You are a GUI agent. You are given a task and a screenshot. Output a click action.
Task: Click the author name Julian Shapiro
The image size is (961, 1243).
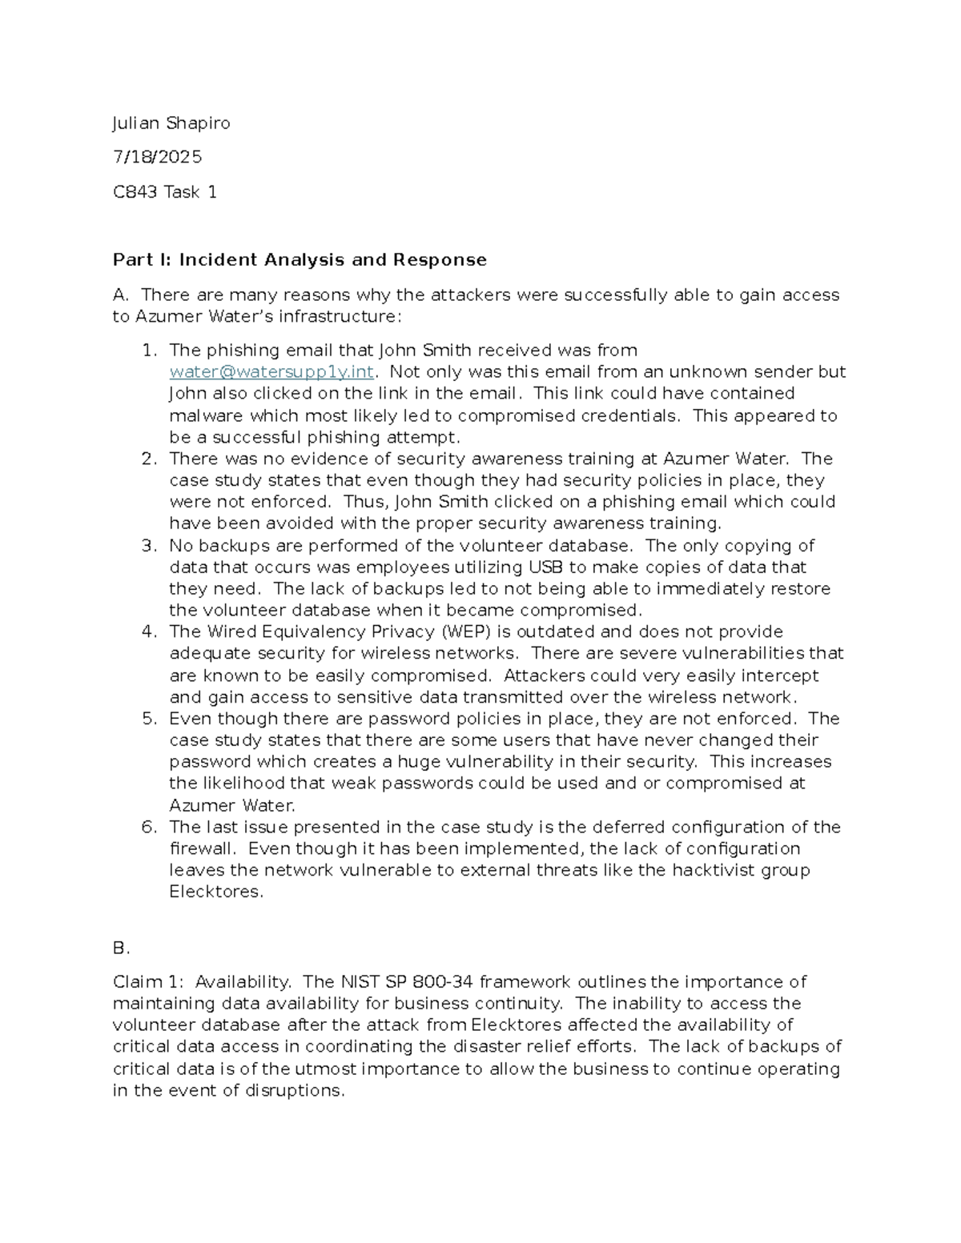point(171,122)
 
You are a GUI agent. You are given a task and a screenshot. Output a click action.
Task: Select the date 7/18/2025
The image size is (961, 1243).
point(157,157)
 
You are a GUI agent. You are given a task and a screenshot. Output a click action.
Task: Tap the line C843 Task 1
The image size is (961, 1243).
point(165,192)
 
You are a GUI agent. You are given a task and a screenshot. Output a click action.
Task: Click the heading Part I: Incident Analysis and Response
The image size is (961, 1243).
point(300,259)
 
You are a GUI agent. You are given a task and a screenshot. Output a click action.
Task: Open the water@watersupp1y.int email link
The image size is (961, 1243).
point(271,371)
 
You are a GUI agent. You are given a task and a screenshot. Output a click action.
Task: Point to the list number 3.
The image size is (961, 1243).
point(148,545)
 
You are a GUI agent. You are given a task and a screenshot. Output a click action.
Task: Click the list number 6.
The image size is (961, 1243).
point(148,827)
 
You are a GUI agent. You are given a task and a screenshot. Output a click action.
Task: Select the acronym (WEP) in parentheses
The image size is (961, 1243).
point(464,632)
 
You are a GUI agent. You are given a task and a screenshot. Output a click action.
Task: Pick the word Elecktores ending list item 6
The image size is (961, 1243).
point(215,892)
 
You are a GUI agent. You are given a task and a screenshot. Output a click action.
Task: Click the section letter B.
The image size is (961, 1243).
point(121,948)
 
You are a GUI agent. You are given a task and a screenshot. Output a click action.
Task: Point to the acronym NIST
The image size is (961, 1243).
point(360,981)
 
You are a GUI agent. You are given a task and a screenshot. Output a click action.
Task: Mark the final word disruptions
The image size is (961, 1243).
point(295,1090)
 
